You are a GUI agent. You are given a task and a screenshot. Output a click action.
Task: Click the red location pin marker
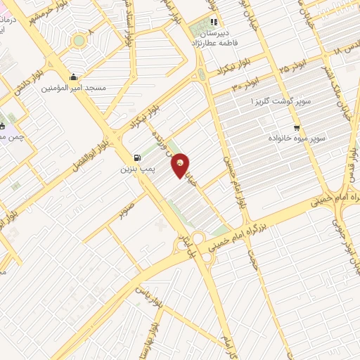181,165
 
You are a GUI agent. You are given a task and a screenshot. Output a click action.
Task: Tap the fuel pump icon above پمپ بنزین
136,157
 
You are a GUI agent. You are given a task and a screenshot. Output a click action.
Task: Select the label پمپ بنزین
136,169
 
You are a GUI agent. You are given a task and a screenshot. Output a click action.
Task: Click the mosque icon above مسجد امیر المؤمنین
73,77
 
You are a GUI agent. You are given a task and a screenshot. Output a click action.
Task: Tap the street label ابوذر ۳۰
245,86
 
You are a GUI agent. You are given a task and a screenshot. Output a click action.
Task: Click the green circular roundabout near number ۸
79,40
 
